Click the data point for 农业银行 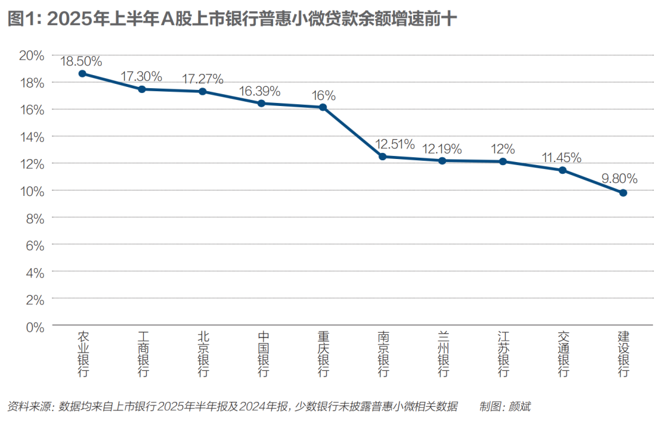[x=82, y=73]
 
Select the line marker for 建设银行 [x=623, y=193]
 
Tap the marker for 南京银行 [x=382, y=157]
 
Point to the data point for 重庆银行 [x=323, y=107]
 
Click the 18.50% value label [x=81, y=61]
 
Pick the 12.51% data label [x=395, y=144]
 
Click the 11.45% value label [x=562, y=157]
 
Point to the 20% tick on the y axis [x=31, y=55]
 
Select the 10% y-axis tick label [x=31, y=191]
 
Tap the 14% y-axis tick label [x=31, y=137]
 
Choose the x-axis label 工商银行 [x=143, y=354]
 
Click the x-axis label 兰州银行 [x=443, y=354]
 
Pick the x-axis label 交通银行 [x=563, y=354]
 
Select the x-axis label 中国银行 [x=263, y=354]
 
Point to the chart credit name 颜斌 [x=520, y=407]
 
